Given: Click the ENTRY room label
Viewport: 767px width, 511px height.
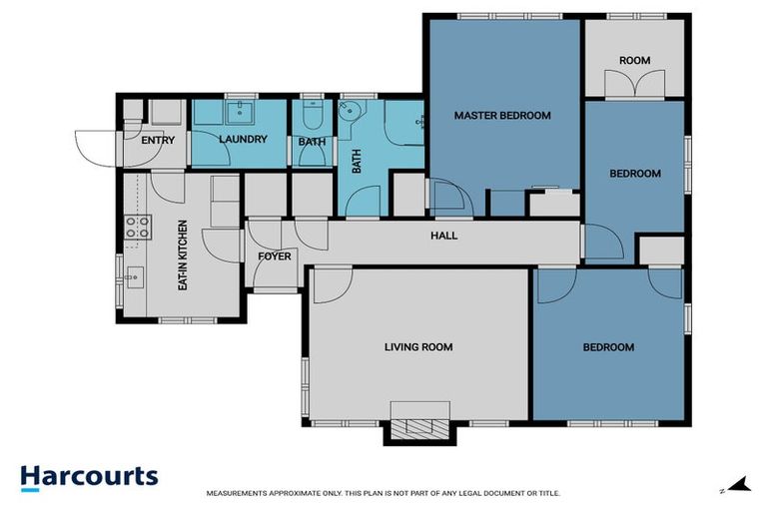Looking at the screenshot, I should pos(158,141).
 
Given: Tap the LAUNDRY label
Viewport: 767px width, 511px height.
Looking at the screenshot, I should pos(243,140).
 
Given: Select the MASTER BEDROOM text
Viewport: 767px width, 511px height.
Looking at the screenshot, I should pos(502,116).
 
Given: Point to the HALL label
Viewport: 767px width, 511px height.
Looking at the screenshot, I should pos(443,237).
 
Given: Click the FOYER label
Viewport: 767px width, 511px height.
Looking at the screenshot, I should pos(274,256).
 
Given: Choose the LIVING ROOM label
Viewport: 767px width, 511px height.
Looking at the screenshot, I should pos(418,347).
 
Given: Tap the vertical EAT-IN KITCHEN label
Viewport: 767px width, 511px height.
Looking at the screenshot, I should pos(183,255).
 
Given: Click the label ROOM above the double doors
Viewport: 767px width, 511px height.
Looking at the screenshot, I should pos(634,61).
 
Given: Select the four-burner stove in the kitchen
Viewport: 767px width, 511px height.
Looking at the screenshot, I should pos(137,227).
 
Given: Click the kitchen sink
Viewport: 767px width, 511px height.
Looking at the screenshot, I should pos(134,273).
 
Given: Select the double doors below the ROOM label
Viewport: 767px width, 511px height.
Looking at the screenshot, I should pos(634,87).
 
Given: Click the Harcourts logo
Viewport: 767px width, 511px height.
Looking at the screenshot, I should pos(89,477).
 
